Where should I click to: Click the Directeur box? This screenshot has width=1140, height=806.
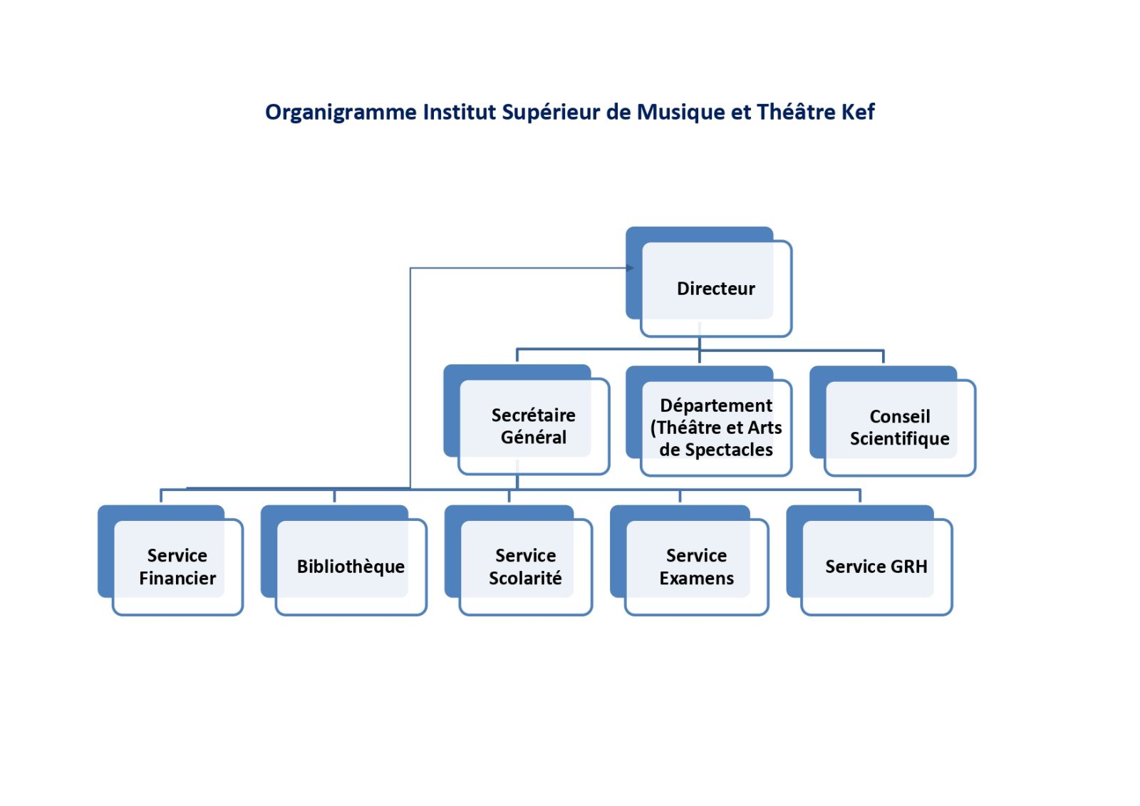pos(715,288)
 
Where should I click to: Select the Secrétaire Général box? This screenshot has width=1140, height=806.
pos(533,425)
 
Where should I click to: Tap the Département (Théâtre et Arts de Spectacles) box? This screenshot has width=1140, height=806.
pos(715,427)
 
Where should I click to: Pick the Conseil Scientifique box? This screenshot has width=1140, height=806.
pos(899,427)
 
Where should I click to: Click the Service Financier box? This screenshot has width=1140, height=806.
pos(177,566)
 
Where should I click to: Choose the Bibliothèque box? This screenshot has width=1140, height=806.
pos(350,566)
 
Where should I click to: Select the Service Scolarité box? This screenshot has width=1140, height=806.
pos(525,566)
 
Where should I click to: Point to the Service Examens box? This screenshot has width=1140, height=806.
pos(696,566)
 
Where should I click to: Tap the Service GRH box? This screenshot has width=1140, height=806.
pos(876,566)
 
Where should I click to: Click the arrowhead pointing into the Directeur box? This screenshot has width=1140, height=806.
pos(630,268)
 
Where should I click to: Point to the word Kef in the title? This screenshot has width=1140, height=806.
pos(858,112)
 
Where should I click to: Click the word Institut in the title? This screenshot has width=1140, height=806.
pos(459,112)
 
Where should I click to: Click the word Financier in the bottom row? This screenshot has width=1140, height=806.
pos(177,578)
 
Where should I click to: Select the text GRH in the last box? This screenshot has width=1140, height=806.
pos(909,567)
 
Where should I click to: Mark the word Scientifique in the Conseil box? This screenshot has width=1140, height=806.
pos(899,438)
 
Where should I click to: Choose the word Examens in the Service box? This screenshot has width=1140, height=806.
pos(696,578)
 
